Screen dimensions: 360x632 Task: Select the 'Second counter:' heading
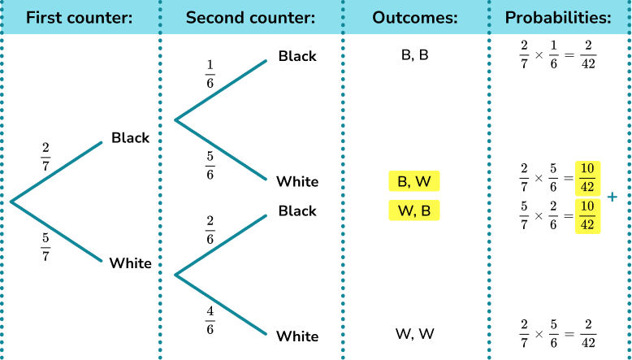click(250, 16)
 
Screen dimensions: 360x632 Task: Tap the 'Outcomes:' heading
click(414, 16)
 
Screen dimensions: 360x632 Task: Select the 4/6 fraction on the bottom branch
click(210, 319)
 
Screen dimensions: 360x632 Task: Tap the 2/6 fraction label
click(210, 230)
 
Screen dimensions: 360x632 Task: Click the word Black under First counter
click(130, 138)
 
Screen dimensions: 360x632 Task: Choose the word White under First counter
click(130, 263)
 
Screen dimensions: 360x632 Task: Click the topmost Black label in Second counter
click(297, 56)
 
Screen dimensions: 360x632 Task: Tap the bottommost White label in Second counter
click(297, 336)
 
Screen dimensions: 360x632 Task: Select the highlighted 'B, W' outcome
click(414, 181)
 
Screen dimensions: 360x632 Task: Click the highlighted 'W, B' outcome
click(414, 211)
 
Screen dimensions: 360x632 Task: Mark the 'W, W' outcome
click(414, 333)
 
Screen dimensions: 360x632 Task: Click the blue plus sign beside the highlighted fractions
click(612, 197)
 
